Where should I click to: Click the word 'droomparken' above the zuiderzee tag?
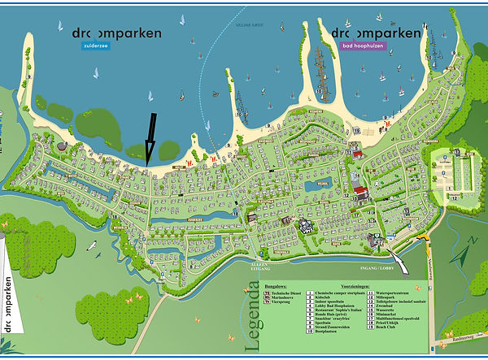[116, 33]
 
